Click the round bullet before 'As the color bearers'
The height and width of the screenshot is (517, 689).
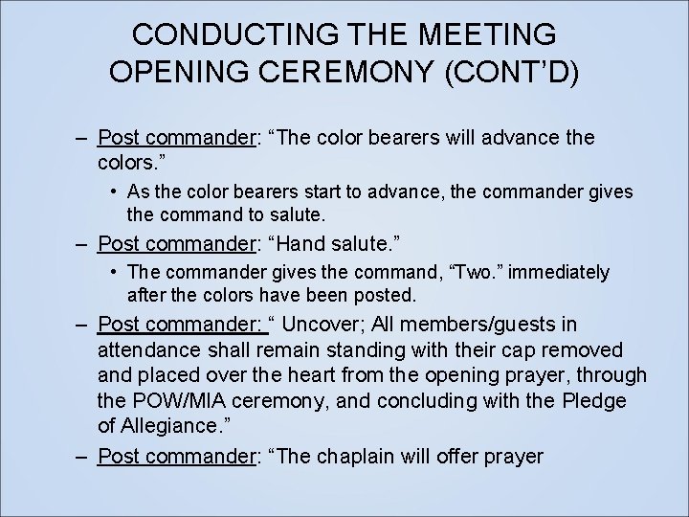coord(113,191)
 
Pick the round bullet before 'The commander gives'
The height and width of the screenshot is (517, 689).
coord(113,273)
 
